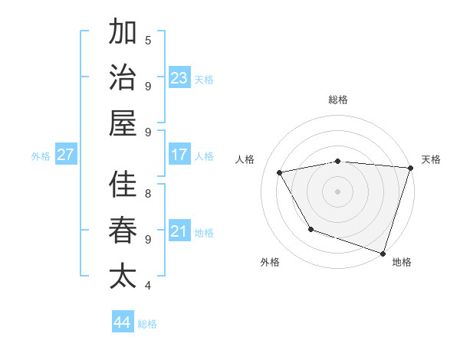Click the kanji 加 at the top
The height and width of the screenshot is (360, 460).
click(123, 33)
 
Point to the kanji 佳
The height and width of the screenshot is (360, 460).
click(123, 185)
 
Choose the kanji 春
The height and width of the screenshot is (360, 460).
click(123, 230)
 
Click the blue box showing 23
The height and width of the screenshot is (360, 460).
click(179, 77)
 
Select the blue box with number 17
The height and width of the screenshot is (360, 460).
click(179, 155)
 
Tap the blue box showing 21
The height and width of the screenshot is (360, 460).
click(179, 231)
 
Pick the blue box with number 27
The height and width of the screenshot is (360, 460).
click(66, 155)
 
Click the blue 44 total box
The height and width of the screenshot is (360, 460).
click(123, 322)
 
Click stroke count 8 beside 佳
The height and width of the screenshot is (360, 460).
click(148, 193)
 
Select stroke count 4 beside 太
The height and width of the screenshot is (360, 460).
click(148, 285)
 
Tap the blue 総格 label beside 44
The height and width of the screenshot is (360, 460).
click(147, 324)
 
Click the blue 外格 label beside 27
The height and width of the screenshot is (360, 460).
click(41, 156)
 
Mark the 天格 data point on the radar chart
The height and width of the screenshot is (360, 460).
click(411, 168)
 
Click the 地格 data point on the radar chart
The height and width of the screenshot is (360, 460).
click(383, 253)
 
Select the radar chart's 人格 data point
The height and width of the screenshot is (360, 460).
click(280, 172)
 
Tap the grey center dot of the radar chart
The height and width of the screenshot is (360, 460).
click(337, 191)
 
